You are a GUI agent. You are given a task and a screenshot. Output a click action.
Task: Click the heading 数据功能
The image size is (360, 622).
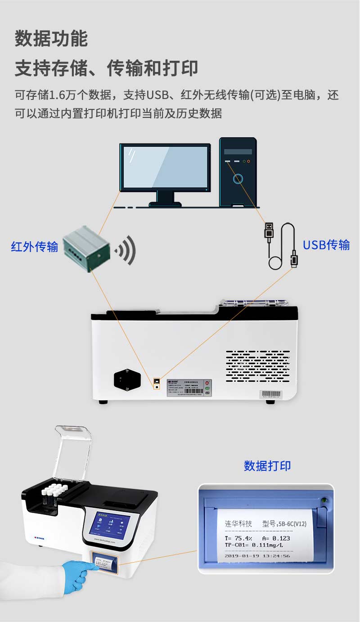coord(51,39)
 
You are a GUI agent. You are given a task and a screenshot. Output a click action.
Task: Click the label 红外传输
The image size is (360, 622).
coord(35,246)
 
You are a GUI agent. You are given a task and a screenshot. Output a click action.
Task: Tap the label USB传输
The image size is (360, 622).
coord(326,245)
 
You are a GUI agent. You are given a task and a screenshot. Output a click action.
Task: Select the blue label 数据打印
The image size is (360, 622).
coord(267,465)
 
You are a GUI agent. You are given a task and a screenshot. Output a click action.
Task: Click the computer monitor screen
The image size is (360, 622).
coord(165,167)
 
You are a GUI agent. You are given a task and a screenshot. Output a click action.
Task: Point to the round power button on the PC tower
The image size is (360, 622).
coord(238,179)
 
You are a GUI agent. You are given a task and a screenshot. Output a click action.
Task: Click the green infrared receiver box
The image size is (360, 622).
coord(86,248)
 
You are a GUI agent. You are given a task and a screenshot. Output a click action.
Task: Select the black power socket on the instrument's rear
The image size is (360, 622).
coord(127,379)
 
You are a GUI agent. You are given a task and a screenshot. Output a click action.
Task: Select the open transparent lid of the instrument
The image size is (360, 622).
coord(72,452)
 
